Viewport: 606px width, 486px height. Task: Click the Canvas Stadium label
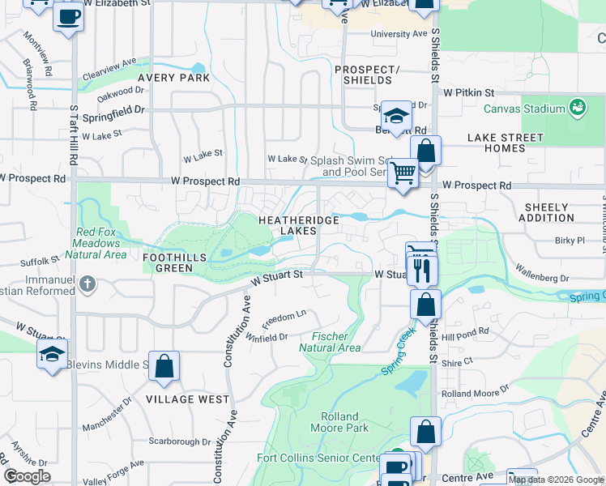[524, 109]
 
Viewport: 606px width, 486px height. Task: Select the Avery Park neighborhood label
[173, 79]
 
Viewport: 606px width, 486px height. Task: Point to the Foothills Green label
[174, 262]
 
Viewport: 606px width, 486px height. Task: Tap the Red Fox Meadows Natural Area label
[101, 243]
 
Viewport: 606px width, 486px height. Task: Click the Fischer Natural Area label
[330, 342]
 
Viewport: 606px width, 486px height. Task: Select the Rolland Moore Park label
[339, 422]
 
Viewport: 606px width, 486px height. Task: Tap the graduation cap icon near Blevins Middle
[53, 354]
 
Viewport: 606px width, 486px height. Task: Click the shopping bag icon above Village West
[164, 366]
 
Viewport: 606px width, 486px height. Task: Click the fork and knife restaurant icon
[422, 270]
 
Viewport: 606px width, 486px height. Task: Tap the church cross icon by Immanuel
[88, 284]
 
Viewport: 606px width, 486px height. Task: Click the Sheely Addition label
[548, 212]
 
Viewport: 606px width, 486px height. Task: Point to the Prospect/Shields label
[367, 75]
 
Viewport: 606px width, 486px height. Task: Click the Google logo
[27, 476]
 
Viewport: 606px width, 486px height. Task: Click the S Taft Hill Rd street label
[73, 134]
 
